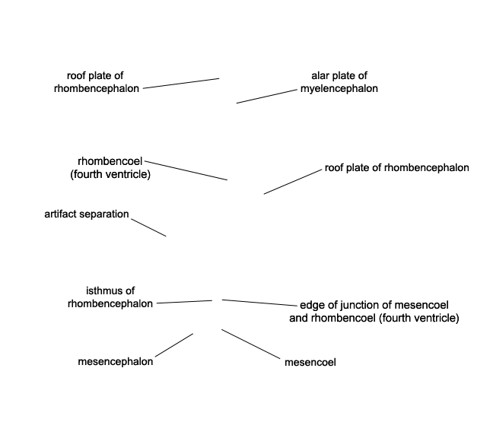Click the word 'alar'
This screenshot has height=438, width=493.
(319, 76)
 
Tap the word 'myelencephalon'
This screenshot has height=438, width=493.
(339, 89)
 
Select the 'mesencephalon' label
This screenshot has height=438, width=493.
(116, 362)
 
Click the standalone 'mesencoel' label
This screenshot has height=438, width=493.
(310, 363)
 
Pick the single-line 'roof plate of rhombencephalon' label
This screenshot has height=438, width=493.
(397, 168)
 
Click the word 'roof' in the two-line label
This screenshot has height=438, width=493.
(76, 76)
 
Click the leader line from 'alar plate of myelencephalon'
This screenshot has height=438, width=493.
(266, 97)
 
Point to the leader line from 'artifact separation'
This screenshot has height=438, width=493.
(148, 227)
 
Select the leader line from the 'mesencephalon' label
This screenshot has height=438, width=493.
(174, 345)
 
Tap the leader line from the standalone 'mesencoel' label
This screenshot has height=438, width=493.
(250, 344)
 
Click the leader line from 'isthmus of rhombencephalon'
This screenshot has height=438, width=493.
(184, 302)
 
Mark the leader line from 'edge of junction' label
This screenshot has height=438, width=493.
(259, 303)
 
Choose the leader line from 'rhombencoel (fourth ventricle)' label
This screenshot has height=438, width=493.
(186, 170)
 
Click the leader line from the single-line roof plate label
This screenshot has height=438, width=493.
(293, 182)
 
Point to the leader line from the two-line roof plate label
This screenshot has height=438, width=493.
(181, 83)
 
